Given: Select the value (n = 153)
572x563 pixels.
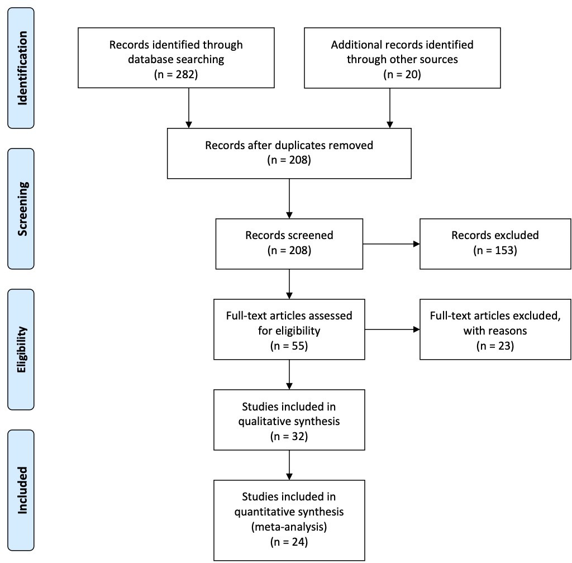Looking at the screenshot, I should pos(495,250).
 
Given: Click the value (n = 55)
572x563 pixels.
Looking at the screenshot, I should pos(289,345).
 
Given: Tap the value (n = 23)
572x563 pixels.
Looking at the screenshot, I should pos(495,345).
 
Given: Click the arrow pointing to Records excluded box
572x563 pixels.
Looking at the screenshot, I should pos(391,244).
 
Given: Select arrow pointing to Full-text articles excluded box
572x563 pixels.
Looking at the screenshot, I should pos(391,330).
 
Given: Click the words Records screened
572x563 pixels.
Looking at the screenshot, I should pos(289,235).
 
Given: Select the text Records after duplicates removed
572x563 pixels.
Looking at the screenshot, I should pos(289,145).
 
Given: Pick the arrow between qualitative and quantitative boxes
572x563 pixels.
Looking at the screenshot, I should pos(289,465).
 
